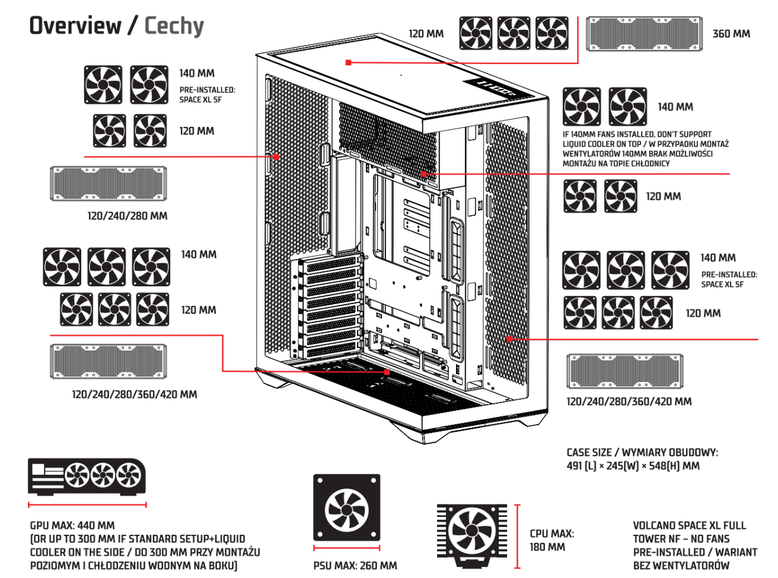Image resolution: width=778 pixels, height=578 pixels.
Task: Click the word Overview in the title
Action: tap(75, 25)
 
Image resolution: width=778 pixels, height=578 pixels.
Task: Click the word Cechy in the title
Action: tap(174, 25)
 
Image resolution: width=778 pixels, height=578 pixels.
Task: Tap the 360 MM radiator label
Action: tap(731, 34)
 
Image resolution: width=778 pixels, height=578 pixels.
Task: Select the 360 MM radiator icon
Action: tap(644, 34)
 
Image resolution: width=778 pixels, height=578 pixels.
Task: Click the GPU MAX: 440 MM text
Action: tap(72, 525)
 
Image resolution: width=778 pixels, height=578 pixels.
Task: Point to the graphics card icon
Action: tap(87, 476)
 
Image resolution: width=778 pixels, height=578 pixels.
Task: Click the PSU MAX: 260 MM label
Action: tap(355, 566)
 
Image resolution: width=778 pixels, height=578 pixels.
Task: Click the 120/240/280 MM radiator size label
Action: tap(127, 216)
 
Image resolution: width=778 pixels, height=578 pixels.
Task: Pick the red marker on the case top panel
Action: tap(349, 62)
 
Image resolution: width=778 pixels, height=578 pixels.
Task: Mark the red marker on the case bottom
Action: tap(387, 372)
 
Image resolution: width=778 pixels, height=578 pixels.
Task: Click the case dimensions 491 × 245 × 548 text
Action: tap(633, 466)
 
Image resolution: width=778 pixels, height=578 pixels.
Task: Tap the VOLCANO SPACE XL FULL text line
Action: tap(689, 525)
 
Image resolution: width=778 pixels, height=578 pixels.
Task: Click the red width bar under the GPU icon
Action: tap(87, 505)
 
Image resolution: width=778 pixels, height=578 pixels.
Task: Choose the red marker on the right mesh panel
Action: tap(509, 339)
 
